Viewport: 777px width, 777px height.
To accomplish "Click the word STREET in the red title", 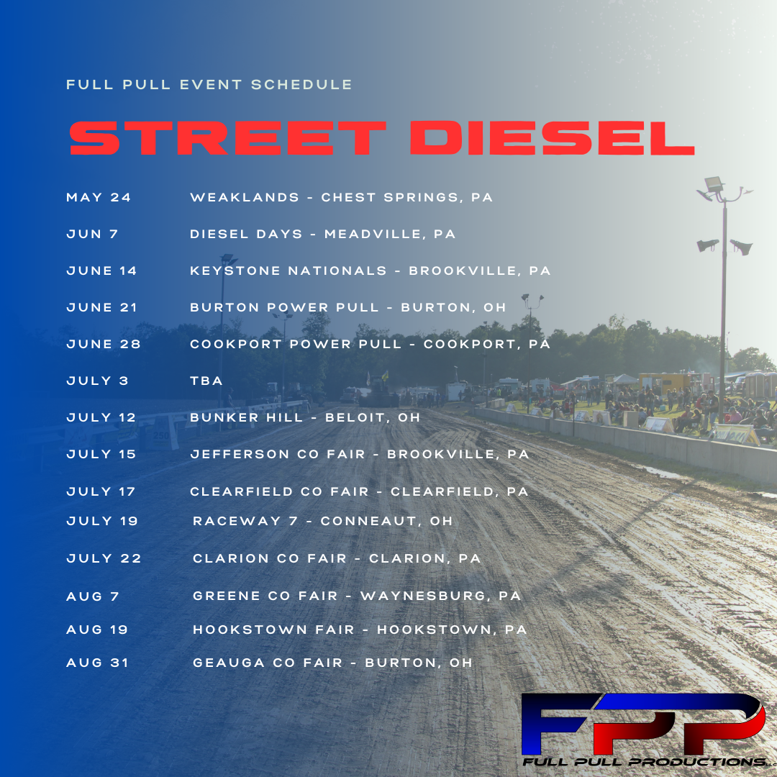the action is [x=227, y=138].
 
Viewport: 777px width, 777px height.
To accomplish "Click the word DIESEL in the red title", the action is [x=552, y=138].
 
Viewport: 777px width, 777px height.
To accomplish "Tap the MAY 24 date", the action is [x=99, y=197].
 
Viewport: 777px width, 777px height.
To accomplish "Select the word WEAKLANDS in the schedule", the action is [x=245, y=197].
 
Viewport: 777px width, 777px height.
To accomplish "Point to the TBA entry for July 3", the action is [x=206, y=381].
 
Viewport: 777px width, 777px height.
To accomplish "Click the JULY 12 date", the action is [x=101, y=417].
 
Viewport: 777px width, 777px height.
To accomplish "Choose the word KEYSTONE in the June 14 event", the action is [x=235, y=271].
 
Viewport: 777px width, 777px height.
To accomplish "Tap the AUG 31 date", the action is [x=98, y=663].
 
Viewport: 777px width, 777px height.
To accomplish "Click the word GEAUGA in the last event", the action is [x=229, y=663].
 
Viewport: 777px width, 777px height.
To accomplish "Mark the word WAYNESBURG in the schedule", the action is [x=424, y=596].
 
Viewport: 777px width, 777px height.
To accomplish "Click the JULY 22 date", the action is [x=104, y=558].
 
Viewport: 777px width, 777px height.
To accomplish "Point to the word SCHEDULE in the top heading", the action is [x=301, y=84].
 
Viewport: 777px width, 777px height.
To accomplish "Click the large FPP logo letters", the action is [x=642, y=723].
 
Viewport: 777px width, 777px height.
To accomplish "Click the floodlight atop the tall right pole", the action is [x=714, y=184].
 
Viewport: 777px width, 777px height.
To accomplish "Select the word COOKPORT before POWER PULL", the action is [x=236, y=344].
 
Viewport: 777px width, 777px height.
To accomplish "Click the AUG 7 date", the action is [x=93, y=596].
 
